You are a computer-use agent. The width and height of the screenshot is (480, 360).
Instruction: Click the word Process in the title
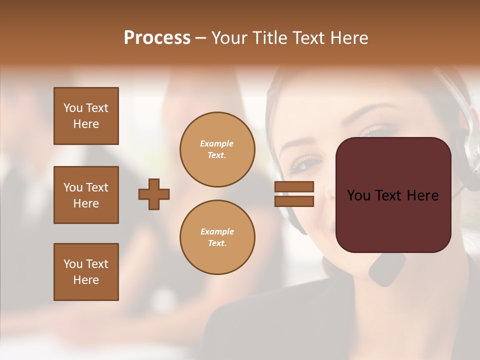[x=157, y=38]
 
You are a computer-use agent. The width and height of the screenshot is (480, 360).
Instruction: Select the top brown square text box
[x=86, y=116]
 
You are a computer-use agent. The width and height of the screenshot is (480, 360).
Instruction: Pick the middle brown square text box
[x=86, y=195]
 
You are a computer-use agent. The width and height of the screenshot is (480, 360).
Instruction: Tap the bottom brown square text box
[x=86, y=272]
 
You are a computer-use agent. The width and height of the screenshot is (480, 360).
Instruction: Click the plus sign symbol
[x=154, y=194]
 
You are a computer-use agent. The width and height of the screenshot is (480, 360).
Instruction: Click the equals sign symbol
[x=294, y=194]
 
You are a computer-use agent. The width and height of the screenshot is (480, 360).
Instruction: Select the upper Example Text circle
[x=217, y=149]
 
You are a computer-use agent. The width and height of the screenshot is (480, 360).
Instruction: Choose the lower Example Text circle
[x=217, y=237]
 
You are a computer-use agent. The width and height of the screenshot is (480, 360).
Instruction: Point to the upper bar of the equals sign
[x=294, y=187]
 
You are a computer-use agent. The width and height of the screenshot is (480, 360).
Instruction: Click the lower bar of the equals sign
[x=294, y=201]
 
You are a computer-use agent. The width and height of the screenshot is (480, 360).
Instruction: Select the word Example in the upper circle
[x=216, y=143]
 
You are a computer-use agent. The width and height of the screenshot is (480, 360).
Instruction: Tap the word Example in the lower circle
[x=217, y=231]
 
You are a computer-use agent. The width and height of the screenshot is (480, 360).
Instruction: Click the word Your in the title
[x=229, y=38]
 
